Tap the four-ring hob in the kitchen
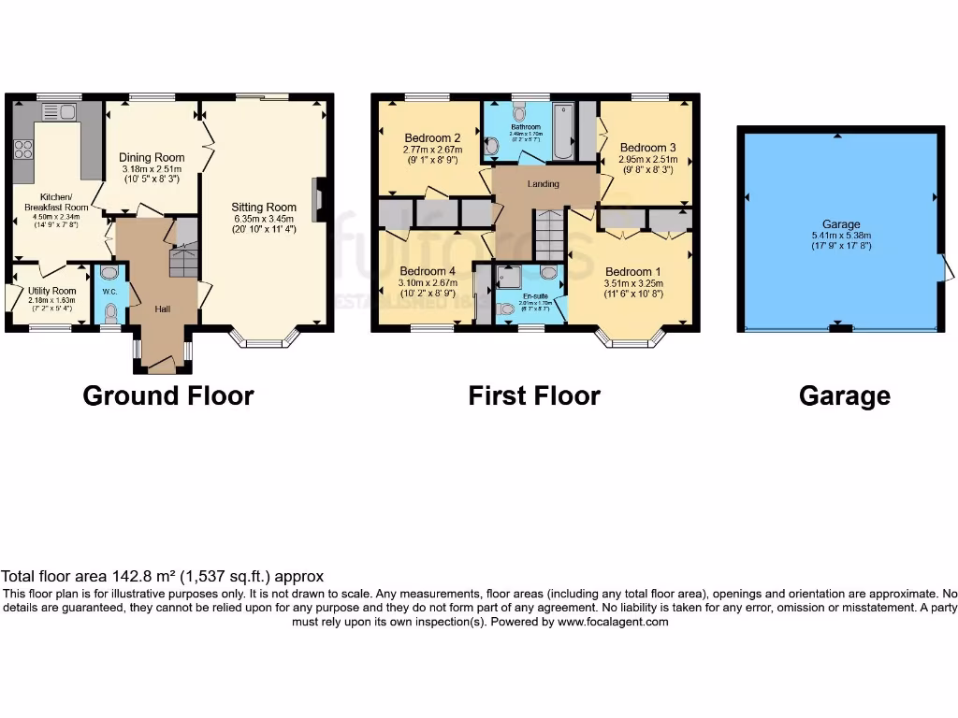pyautogui.click(x=22, y=151)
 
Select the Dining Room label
pyautogui.click(x=152, y=157)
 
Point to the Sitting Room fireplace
pyautogui.click(x=320, y=200)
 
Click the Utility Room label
pyautogui.click(x=52, y=292)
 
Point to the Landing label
pyautogui.click(x=544, y=184)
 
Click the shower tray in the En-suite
pyautogui.click(x=511, y=276)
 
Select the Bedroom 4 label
pyautogui.click(x=428, y=272)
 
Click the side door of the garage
pyautogui.click(x=947, y=271)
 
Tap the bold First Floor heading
pyautogui.click(x=533, y=395)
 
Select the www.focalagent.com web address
pyautogui.click(x=613, y=622)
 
